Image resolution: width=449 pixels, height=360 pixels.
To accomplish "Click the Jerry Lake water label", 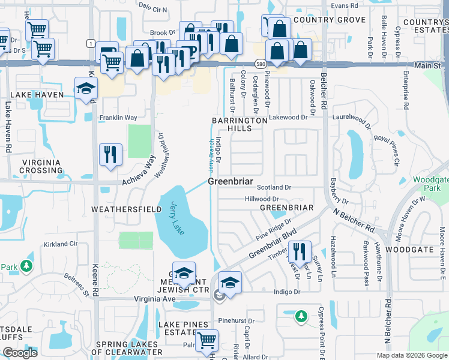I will click(178, 218).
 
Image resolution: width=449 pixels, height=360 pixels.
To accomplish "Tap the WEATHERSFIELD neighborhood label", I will click(126, 209).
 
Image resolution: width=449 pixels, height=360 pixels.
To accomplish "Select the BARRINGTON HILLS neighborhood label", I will click(239, 124).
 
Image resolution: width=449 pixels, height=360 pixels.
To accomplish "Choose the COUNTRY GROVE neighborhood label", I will click(330, 20).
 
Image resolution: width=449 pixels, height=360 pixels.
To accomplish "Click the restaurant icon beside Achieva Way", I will click(110, 153).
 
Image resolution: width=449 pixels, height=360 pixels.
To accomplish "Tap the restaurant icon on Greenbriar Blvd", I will click(299, 250).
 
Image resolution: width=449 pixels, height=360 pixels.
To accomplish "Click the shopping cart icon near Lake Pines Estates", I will click(207, 340).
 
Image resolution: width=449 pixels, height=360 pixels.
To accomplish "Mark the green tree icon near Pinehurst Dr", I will click(301, 315).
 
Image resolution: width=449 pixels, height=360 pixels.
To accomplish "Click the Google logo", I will click(19, 352).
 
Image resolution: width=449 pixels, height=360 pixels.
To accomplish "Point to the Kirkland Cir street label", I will click(61, 244).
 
